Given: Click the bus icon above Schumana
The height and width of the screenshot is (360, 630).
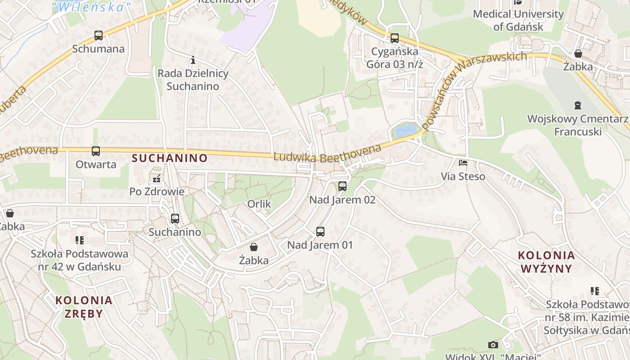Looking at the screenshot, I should point(98,35).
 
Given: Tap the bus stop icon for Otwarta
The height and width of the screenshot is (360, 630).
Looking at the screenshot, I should point(95,151).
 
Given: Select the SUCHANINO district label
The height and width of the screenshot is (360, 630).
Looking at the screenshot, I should point(169,158).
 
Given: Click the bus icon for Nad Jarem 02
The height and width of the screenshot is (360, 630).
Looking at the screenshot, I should point(342,186).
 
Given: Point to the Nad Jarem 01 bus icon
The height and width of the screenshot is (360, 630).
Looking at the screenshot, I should point(320,232).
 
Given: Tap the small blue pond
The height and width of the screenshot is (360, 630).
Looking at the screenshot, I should point(405,131).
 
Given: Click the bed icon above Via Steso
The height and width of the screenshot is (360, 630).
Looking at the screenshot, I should point(463,163).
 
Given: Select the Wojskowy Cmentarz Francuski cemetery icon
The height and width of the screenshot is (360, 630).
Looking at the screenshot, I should point(578,106).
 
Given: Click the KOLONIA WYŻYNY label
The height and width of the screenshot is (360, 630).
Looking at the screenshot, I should point(546,262).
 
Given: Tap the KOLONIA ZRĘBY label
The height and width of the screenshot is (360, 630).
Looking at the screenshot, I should point(84,306).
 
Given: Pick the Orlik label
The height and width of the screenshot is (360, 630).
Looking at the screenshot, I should point(259,204).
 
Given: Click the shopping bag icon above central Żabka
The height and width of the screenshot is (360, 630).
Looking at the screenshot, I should point(254,247).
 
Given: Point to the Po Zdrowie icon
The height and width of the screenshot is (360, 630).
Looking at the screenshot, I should point(157,179).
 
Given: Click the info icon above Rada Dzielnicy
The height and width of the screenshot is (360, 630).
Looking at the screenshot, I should point(193,60).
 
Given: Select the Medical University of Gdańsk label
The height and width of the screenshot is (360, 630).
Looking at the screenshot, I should point(518,20).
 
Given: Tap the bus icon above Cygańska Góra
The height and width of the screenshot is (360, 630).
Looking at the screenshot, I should point(395,38).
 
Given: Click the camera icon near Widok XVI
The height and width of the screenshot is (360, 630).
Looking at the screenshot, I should point(493,345).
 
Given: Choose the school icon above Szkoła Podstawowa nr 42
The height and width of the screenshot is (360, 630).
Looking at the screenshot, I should point(80,240).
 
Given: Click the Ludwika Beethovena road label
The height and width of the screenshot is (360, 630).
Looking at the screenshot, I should point(327,153).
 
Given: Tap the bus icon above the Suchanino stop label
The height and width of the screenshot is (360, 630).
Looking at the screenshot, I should point(175,219).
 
